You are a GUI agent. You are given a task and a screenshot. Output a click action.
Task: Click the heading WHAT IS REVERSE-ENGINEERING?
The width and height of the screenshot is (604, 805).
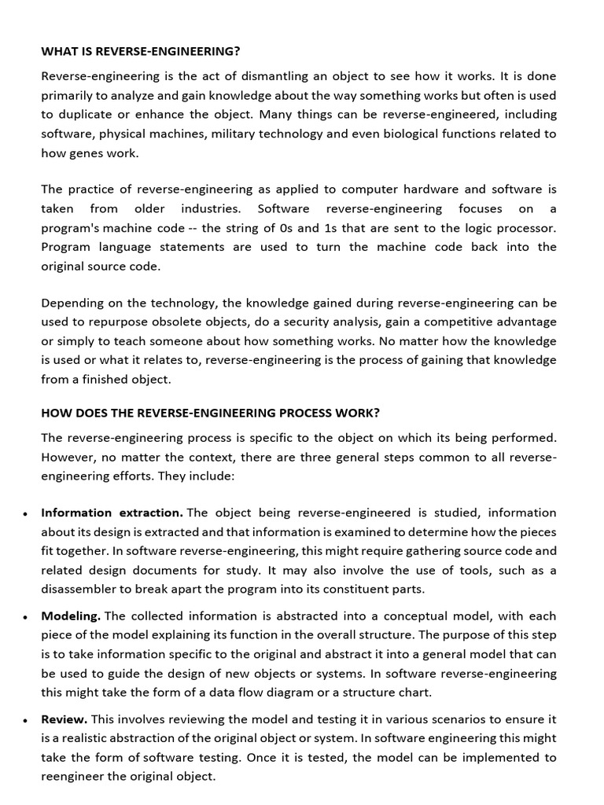coord(140,52)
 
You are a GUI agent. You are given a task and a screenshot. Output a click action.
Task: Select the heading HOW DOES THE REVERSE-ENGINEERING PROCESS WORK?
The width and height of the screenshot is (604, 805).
coord(210,413)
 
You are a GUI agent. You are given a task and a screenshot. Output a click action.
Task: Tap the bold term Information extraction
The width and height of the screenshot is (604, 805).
coord(112,513)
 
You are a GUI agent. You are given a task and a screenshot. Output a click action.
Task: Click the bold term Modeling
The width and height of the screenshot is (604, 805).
coord(71,616)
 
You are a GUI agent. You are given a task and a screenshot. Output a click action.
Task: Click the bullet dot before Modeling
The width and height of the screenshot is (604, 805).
coord(26,617)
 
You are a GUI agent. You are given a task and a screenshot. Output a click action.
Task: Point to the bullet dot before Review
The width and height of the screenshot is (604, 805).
coord(26,720)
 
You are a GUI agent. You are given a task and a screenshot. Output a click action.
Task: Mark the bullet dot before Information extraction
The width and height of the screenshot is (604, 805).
coord(26,514)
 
